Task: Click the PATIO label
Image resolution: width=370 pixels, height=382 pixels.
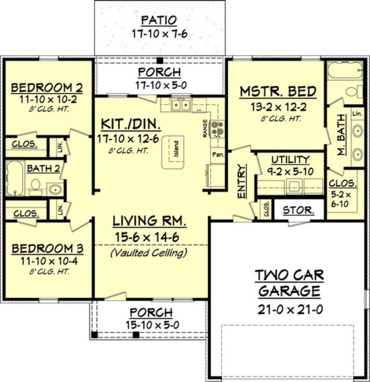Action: click(159, 21)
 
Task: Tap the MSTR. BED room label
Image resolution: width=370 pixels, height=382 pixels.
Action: click(278, 92)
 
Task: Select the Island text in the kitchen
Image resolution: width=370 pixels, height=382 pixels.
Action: click(176, 149)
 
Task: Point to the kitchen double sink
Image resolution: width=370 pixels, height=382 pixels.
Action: click(180, 105)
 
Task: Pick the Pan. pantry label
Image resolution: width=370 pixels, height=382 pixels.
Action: click(218, 154)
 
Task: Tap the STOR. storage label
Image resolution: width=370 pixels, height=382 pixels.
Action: click(298, 211)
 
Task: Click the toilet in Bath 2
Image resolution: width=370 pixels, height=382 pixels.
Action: click(35, 185)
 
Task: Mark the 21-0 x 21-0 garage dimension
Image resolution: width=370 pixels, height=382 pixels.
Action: click(290, 309)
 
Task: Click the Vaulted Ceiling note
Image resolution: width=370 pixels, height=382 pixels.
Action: click(149, 253)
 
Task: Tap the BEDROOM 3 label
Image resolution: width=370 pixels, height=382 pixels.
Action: click(47, 249)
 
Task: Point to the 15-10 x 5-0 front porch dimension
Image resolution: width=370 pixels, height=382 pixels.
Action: click(152, 325)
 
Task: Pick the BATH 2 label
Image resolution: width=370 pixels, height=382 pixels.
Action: click(43, 169)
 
